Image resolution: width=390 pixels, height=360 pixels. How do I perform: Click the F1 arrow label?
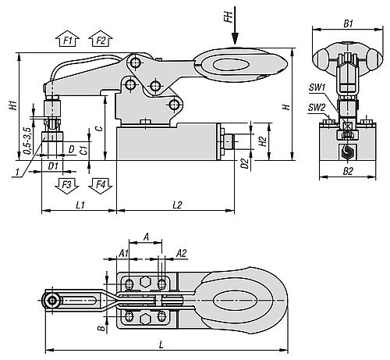67,39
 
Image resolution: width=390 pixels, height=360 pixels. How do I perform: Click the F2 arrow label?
98,39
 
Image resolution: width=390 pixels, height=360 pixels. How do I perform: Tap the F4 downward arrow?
98,185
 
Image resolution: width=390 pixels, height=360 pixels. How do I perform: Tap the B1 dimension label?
348,23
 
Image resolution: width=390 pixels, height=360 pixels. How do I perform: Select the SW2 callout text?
316,107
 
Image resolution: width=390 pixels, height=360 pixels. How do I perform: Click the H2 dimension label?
263,141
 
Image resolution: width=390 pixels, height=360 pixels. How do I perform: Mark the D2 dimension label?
245,164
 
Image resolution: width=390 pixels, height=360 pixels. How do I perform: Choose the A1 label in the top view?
123,252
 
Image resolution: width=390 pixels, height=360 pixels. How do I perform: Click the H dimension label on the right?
286,106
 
